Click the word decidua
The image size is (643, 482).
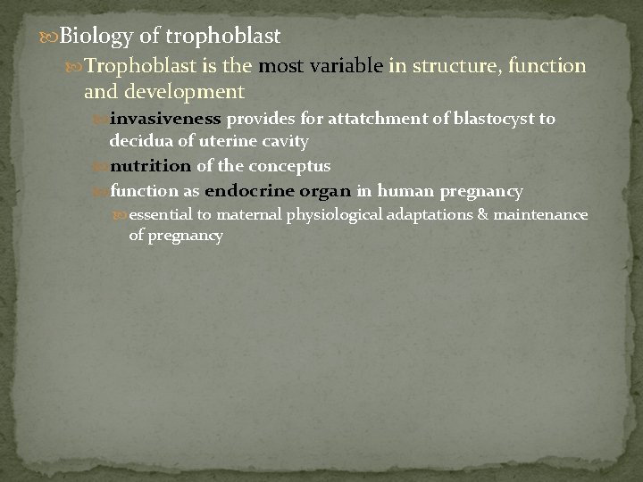[138, 141]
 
